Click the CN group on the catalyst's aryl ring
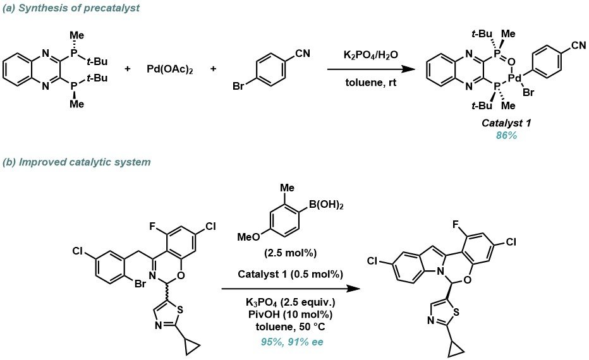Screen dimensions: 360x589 click(x=574, y=45)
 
